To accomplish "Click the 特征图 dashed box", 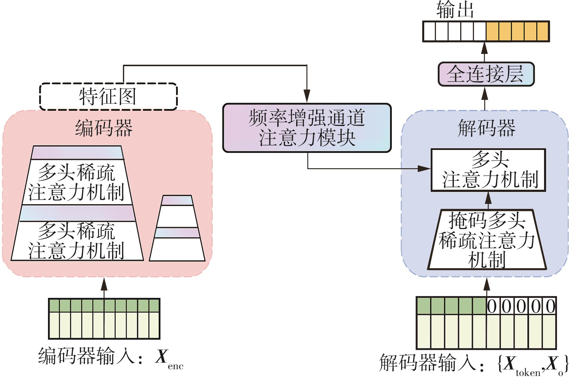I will pos(108,97).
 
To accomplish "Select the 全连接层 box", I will pos(486,74).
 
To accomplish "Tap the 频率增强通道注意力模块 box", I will pos(307,128).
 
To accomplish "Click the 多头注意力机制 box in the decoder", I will pos(488,170).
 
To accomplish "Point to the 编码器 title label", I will pos(104,128).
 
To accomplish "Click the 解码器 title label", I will pos(486,128).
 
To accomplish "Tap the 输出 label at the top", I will pos(455,9).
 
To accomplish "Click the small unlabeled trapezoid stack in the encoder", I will pos(177,228).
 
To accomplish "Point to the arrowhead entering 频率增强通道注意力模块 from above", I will pos(307,97).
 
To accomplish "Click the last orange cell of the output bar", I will pos(543,31).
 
